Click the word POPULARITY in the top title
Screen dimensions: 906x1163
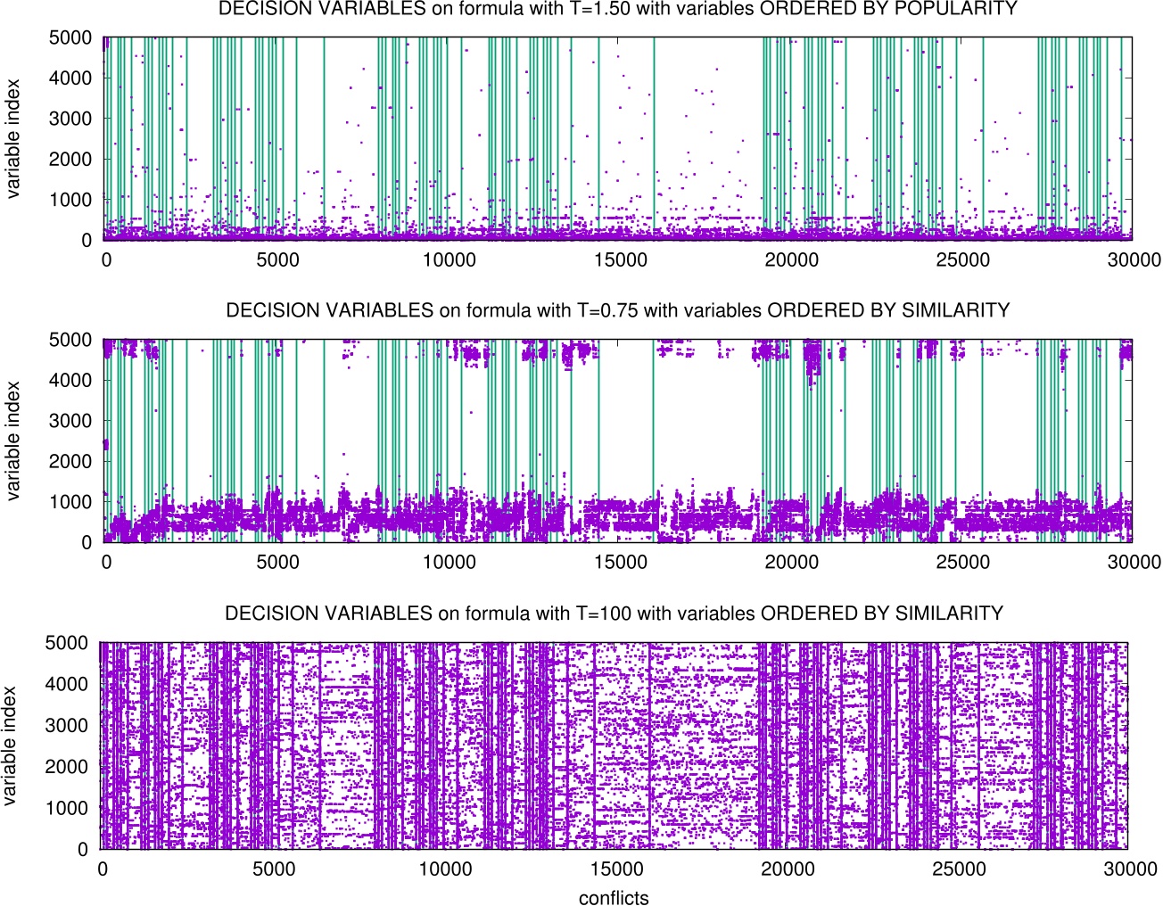tap(957, 9)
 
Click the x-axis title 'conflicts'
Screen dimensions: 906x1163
tap(614, 898)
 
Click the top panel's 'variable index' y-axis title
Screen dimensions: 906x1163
tap(12, 138)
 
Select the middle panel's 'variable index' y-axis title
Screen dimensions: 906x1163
tap(12, 441)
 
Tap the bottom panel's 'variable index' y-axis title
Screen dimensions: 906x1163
tap(10, 745)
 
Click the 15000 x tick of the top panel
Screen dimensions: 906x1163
tap(620, 259)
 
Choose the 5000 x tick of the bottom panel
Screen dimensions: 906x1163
tap(274, 869)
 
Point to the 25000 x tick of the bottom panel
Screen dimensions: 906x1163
tap(959, 869)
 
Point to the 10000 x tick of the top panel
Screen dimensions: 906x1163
tap(449, 259)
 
